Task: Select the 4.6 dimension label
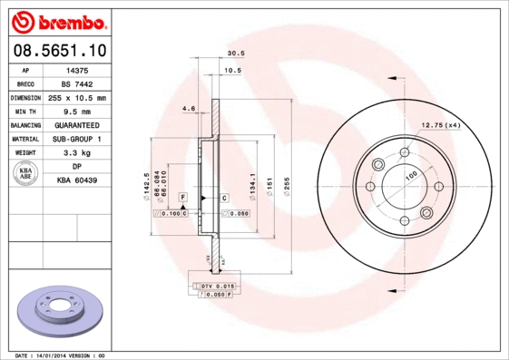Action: click(189, 109)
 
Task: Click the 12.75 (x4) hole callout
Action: click(441, 125)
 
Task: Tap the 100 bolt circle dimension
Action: click(410, 174)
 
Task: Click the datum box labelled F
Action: click(183, 197)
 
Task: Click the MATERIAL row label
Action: click(24, 139)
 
